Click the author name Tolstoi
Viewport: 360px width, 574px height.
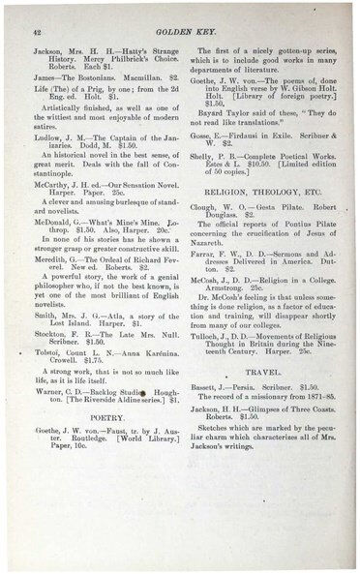point(50,366)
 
